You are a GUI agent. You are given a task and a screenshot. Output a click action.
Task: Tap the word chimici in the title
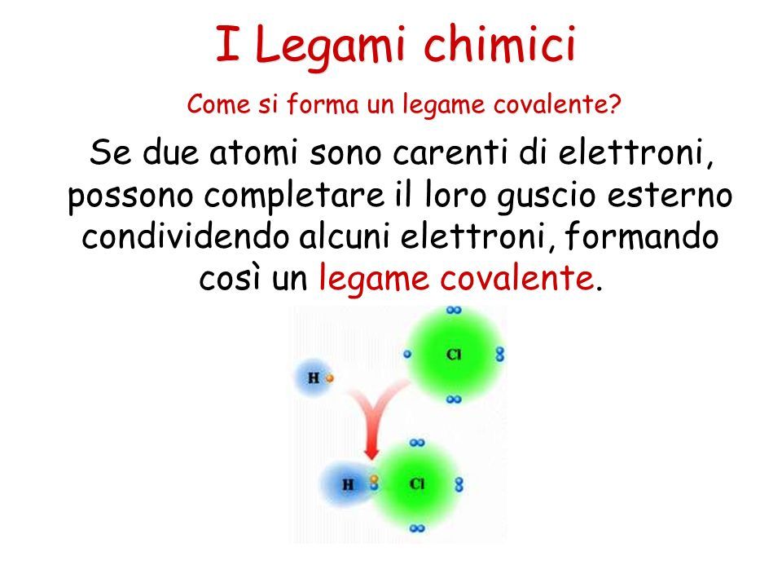pos(500,43)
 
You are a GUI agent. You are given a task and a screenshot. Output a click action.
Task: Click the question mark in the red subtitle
pos(614,104)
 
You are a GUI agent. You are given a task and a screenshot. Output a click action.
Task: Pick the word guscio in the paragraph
pos(546,196)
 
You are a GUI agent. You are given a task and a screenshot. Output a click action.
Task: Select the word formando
pos(642,236)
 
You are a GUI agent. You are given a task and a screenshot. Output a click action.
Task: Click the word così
pos(231,278)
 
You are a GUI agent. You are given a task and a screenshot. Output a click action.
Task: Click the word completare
pos(294,196)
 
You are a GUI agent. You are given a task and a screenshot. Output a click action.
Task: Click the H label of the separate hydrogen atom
pos(313,377)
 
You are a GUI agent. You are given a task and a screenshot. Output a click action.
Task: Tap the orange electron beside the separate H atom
pos(329,378)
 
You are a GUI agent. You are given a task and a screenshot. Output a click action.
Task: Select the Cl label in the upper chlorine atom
pos(454,355)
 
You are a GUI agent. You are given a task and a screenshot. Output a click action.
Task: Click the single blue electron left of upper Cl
pos(407,354)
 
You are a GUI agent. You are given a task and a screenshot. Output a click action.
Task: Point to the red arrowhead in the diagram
pos(371,452)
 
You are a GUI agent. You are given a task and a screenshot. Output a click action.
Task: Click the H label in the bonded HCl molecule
pos(348,484)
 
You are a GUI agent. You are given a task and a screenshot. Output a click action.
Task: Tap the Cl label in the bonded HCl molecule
pos(416,483)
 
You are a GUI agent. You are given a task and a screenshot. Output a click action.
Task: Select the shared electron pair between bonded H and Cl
pos(374,483)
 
